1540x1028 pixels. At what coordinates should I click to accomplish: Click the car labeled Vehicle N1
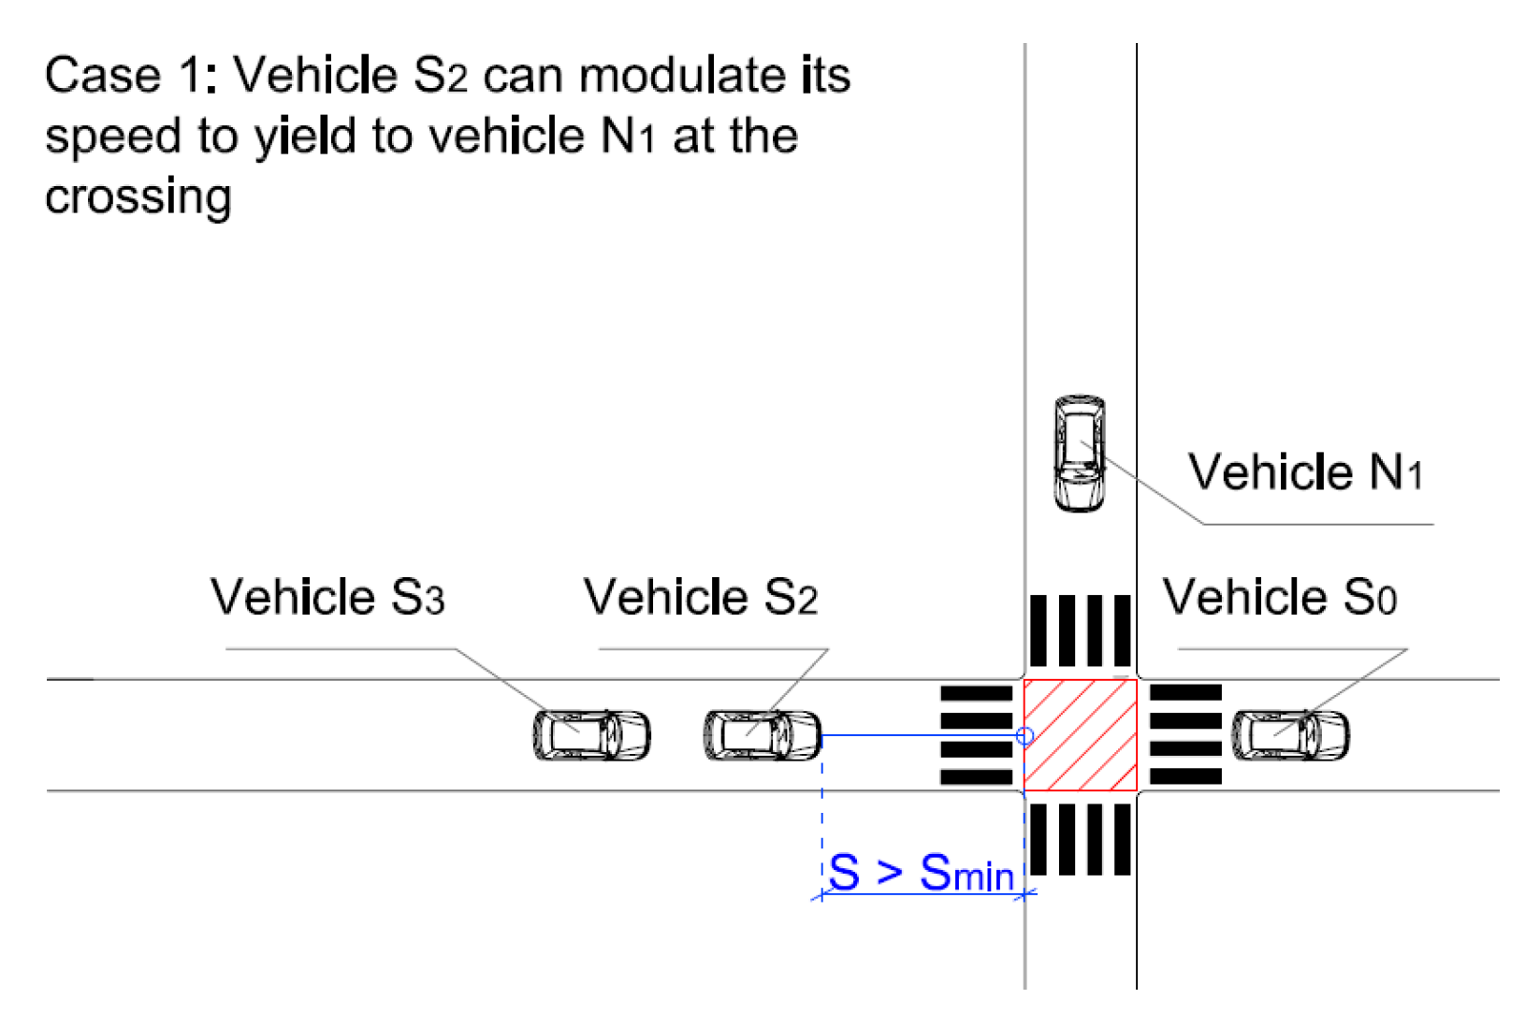[x=1079, y=454]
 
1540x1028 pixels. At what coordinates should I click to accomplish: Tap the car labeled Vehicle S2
[x=763, y=735]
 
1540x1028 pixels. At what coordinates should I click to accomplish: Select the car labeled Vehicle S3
[x=591, y=735]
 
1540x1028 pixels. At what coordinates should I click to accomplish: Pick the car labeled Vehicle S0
[x=1290, y=735]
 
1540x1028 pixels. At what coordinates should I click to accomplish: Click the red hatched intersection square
[x=1081, y=735]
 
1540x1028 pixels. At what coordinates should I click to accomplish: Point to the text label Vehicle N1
[x=1305, y=472]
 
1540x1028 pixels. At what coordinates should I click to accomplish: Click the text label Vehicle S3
[x=327, y=597]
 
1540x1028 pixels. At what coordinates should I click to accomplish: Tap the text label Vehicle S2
[x=700, y=597]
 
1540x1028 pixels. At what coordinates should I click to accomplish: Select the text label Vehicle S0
[x=1279, y=597]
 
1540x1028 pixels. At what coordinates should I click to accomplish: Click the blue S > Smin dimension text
[x=922, y=874]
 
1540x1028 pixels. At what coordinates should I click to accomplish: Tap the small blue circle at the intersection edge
[x=1025, y=736]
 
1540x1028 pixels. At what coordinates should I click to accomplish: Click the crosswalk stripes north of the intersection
[x=1081, y=630]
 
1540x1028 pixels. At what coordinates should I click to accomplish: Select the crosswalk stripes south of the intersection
[x=1081, y=839]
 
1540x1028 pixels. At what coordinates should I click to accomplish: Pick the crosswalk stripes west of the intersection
[x=976, y=735]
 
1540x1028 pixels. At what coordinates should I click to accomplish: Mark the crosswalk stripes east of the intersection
[x=1185, y=735]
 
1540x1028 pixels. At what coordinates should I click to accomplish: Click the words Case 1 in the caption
[x=122, y=76]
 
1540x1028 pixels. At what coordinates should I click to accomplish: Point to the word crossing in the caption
[x=138, y=197]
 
